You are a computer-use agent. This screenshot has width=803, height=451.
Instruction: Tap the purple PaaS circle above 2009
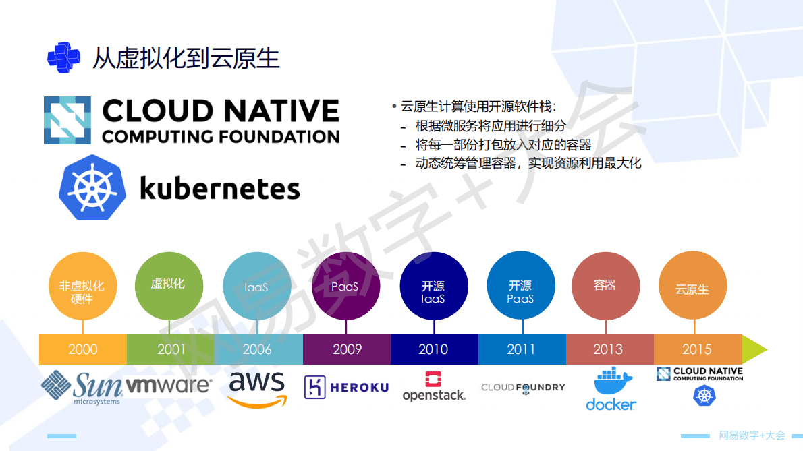[x=345, y=286]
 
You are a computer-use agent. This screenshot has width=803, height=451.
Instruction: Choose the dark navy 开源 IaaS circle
[x=433, y=286]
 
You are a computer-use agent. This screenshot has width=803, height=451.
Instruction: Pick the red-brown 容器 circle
[x=605, y=286]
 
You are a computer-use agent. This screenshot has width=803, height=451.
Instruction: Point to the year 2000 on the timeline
[x=82, y=349]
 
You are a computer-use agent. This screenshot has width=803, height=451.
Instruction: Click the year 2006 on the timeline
[x=257, y=349]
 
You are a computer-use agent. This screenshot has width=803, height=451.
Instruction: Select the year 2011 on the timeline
[x=521, y=349]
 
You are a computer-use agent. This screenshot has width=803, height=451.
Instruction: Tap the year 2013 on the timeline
[x=608, y=349]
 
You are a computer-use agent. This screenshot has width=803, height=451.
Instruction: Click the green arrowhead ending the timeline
[x=754, y=349]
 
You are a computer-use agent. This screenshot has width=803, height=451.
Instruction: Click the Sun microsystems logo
[x=82, y=387]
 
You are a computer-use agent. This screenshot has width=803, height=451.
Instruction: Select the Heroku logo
[x=347, y=387]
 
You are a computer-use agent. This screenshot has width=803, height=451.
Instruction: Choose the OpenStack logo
[x=434, y=387]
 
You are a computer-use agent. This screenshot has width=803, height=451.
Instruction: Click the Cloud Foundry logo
[x=523, y=388]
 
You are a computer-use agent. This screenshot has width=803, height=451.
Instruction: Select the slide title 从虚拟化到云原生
[x=186, y=58]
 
